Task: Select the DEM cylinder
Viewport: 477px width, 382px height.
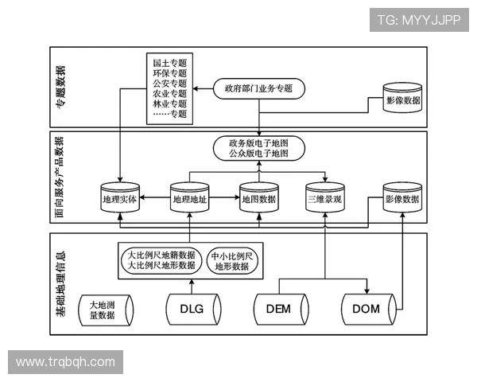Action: click(277, 310)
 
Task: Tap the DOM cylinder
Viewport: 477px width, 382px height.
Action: click(366, 310)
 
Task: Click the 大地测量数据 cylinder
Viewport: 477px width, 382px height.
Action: click(103, 310)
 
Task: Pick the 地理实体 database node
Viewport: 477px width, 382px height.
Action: click(120, 199)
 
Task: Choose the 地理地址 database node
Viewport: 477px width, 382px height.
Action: click(189, 199)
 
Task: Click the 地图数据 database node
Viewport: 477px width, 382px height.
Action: click(258, 199)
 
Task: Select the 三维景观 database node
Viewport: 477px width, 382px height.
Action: click(325, 199)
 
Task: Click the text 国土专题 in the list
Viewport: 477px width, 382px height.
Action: click(169, 62)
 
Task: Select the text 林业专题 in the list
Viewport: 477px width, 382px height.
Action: click(169, 103)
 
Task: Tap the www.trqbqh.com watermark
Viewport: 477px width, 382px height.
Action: click(65, 362)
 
